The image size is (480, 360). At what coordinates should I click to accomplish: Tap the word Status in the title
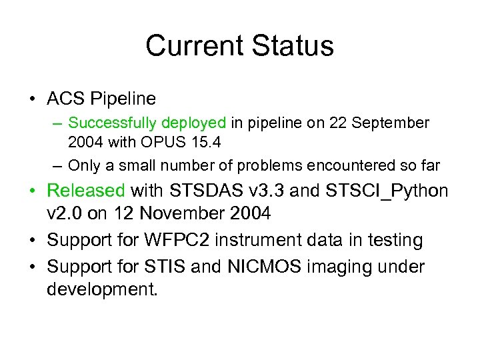294,46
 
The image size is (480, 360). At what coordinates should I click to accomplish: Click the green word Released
86,191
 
